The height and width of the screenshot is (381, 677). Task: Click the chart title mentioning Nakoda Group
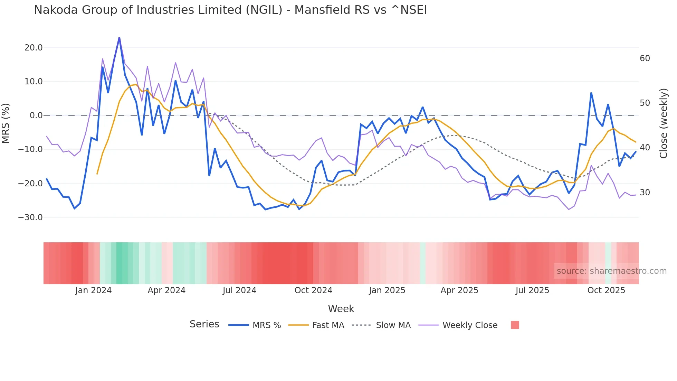[x=230, y=10]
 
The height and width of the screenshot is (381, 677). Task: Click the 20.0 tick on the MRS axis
[x=33, y=48]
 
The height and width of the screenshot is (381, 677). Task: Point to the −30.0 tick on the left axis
[x=30, y=217]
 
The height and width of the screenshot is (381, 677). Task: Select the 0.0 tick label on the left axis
[x=36, y=115]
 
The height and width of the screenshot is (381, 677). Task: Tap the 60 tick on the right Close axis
[x=645, y=58]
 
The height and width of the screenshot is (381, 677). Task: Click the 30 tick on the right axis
[x=645, y=193]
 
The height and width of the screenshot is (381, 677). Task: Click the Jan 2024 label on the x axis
[x=93, y=290]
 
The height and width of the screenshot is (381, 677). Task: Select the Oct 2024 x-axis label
[x=313, y=290]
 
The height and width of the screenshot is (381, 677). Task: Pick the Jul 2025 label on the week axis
[x=532, y=290]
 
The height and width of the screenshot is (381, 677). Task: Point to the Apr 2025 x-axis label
[x=459, y=290]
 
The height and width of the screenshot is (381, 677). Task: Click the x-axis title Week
[x=341, y=309]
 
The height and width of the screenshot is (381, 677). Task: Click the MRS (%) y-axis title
[x=6, y=123]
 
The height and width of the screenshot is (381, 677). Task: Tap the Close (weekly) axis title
[x=663, y=123]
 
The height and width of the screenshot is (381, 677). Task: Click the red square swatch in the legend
[x=515, y=325]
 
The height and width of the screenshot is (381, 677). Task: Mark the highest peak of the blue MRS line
[x=119, y=38]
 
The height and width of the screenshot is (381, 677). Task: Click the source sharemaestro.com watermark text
[x=611, y=271]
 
